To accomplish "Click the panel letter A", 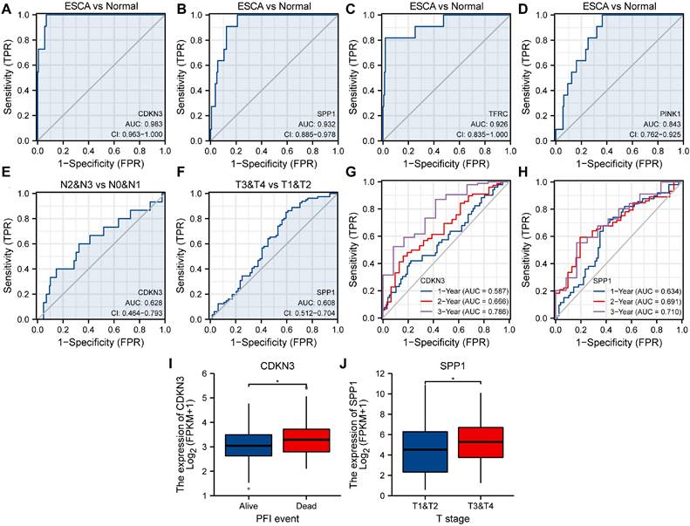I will pos(7,10).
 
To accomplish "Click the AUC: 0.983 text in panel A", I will pos(135,125).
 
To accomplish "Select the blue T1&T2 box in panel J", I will pos(427,452).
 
